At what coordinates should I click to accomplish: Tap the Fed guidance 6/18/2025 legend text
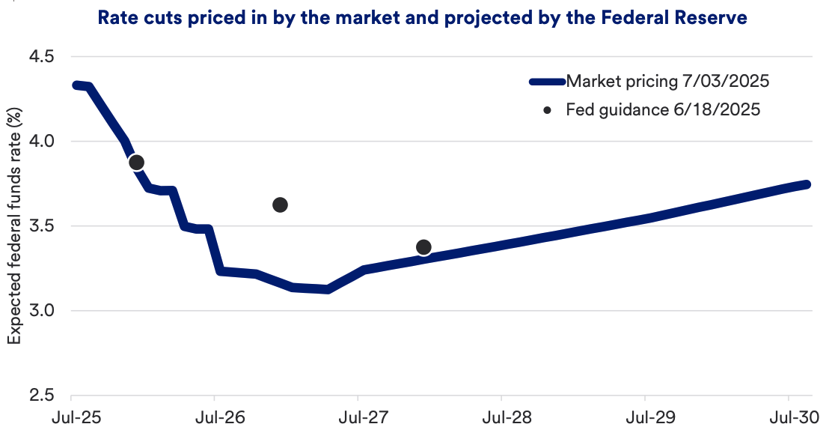[x=663, y=110]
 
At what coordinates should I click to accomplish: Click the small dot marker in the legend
[x=548, y=110]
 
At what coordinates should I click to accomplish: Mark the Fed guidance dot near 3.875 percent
[x=136, y=163]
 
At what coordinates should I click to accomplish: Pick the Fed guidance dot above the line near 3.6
[x=281, y=205]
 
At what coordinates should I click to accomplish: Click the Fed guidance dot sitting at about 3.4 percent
[x=423, y=247]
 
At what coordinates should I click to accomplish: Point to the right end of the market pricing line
[x=807, y=184]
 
